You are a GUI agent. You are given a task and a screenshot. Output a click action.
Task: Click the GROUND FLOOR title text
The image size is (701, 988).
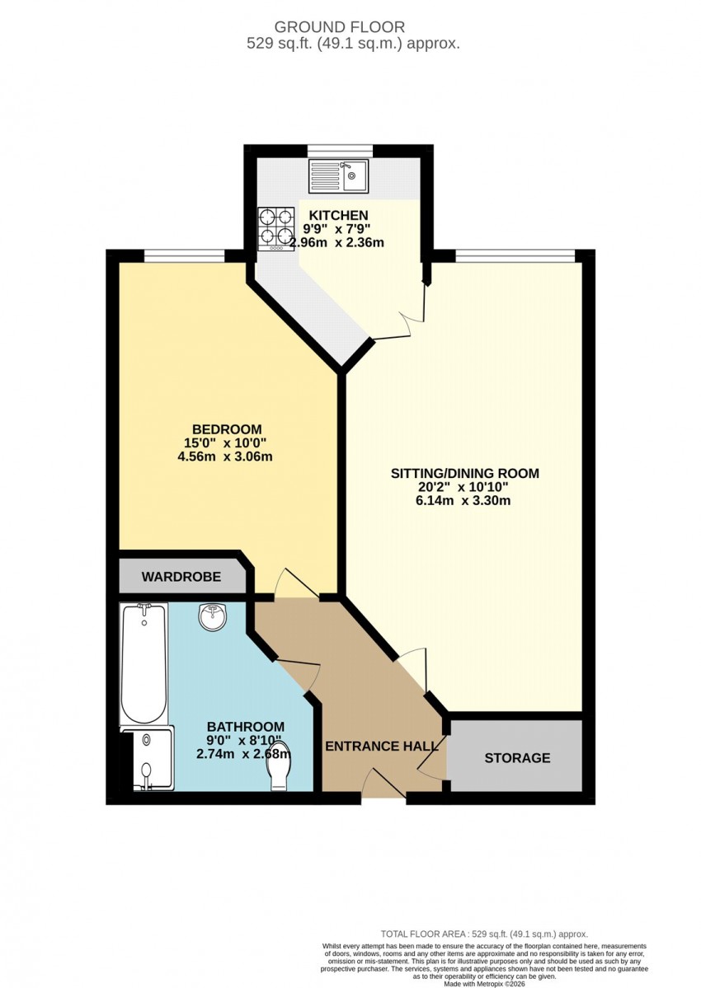click(x=340, y=27)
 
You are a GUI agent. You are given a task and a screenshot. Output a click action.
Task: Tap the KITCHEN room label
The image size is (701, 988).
click(x=338, y=216)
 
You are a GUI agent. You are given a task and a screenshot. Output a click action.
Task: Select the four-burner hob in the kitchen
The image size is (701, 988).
click(x=276, y=229)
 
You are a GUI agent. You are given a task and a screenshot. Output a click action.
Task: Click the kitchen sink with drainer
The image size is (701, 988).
click(x=338, y=176)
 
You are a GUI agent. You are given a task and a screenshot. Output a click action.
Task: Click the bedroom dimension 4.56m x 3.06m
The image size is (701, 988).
click(x=225, y=457)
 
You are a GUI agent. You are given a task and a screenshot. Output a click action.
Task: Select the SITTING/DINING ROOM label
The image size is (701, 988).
click(x=465, y=473)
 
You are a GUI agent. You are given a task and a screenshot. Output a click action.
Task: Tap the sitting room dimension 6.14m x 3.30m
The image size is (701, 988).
click(x=463, y=502)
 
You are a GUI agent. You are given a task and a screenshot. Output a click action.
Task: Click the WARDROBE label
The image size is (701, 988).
click(x=181, y=577)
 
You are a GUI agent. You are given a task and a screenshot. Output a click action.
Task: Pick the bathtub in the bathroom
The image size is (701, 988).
click(x=144, y=664)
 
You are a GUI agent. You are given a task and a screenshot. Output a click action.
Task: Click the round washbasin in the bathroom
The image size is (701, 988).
click(x=213, y=616)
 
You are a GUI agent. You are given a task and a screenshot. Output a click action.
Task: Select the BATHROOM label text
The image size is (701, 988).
click(x=246, y=727)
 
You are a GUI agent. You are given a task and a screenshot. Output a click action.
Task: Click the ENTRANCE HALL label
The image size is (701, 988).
click(x=382, y=746)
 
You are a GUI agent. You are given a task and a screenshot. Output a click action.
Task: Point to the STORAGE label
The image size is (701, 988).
click(x=518, y=758)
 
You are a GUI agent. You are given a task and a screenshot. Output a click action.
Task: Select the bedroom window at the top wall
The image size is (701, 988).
click(x=185, y=255)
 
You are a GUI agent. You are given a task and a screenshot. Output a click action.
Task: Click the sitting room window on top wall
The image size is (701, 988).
click(x=515, y=255)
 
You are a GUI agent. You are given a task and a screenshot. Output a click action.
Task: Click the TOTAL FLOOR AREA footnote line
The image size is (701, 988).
click(x=484, y=934)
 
